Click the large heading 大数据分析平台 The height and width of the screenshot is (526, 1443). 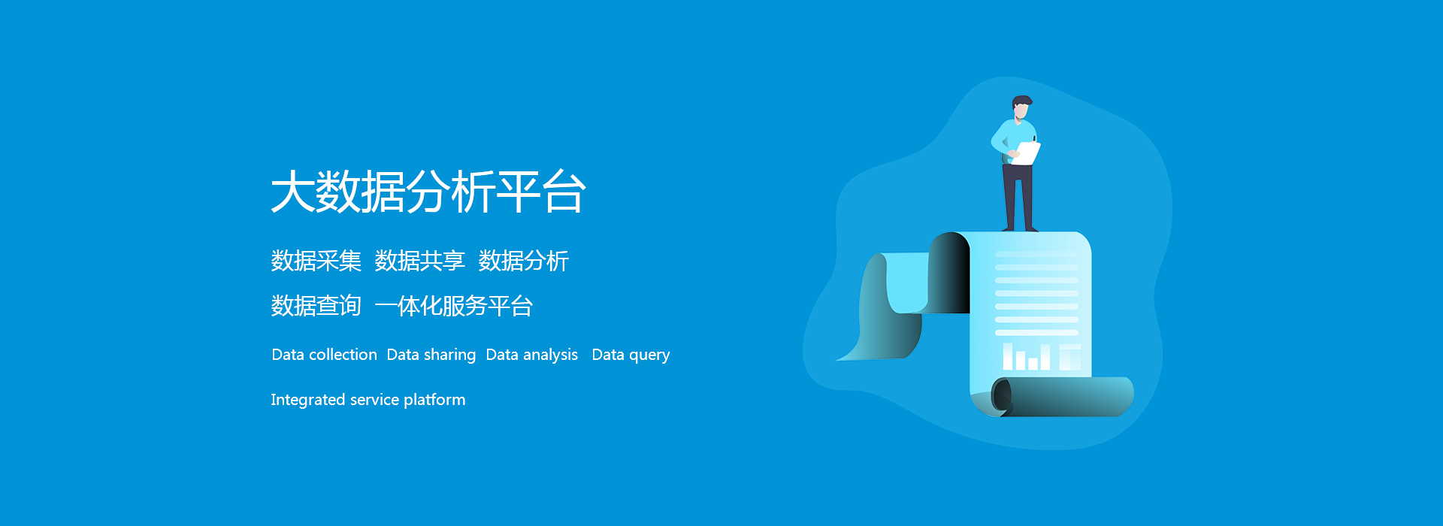[x=428, y=192]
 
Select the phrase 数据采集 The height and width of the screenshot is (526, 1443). [x=316, y=261]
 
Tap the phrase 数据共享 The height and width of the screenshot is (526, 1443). [x=420, y=261]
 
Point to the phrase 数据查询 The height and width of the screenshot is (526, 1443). [x=316, y=306]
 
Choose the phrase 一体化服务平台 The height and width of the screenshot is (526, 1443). [x=454, y=306]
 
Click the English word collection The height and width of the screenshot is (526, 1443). [x=343, y=355]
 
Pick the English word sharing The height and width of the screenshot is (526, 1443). [x=449, y=355]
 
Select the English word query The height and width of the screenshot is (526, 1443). [x=649, y=356]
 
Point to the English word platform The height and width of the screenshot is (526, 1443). [x=434, y=401]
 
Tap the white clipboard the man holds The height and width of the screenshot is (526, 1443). [x=1026, y=153]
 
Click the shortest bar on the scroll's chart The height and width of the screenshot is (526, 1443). [x=1033, y=364]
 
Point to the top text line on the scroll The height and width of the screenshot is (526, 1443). [x=1036, y=254]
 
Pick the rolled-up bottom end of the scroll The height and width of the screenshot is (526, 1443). [x=1061, y=396]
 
